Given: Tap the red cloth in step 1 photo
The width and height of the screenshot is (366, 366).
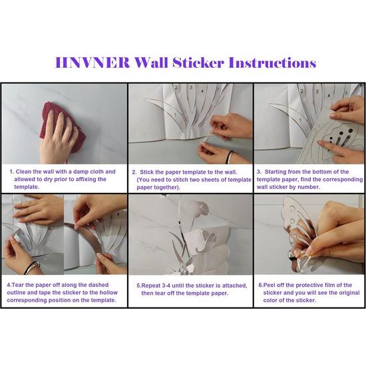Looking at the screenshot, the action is [x=61, y=127].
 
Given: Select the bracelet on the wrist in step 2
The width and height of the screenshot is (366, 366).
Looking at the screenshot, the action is [x=232, y=156].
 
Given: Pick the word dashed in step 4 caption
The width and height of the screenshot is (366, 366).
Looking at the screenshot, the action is [x=98, y=285].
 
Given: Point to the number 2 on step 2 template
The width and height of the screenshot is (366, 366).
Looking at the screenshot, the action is [x=176, y=88].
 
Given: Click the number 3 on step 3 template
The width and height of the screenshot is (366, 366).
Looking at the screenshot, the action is [x=317, y=92].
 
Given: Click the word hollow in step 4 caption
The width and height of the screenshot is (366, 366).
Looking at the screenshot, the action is [x=108, y=293].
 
